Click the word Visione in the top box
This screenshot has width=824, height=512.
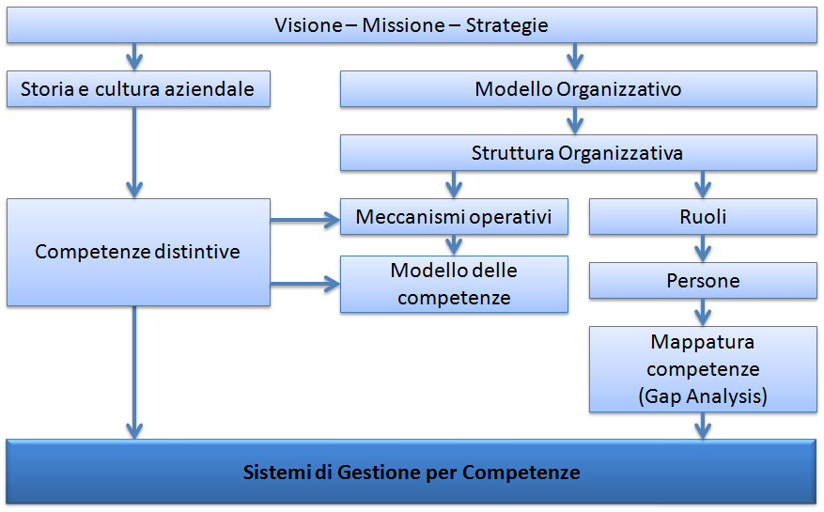click(308, 25)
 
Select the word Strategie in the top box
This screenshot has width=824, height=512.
click(507, 25)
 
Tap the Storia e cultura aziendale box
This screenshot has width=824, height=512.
click(138, 89)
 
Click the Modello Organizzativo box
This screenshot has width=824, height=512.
click(579, 89)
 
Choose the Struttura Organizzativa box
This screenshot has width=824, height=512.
click(579, 153)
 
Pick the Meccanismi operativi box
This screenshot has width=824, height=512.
click(454, 217)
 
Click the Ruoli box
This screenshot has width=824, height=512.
click(703, 217)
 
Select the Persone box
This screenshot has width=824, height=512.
click(703, 281)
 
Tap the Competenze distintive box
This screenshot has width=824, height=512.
click(138, 253)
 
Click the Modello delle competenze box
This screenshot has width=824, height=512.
click(454, 285)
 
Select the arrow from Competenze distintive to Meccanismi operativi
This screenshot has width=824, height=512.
click(305, 220)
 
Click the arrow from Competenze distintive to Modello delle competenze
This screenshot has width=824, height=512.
click(305, 285)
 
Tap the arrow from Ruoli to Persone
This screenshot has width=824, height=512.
click(703, 249)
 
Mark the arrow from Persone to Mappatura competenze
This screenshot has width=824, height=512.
click(703, 313)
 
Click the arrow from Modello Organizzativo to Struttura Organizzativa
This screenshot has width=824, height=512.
click(575, 121)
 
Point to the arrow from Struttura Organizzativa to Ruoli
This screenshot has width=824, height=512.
click(703, 184)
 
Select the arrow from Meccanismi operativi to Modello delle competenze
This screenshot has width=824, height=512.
click(454, 245)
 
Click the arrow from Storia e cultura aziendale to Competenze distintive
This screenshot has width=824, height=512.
click(134, 153)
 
